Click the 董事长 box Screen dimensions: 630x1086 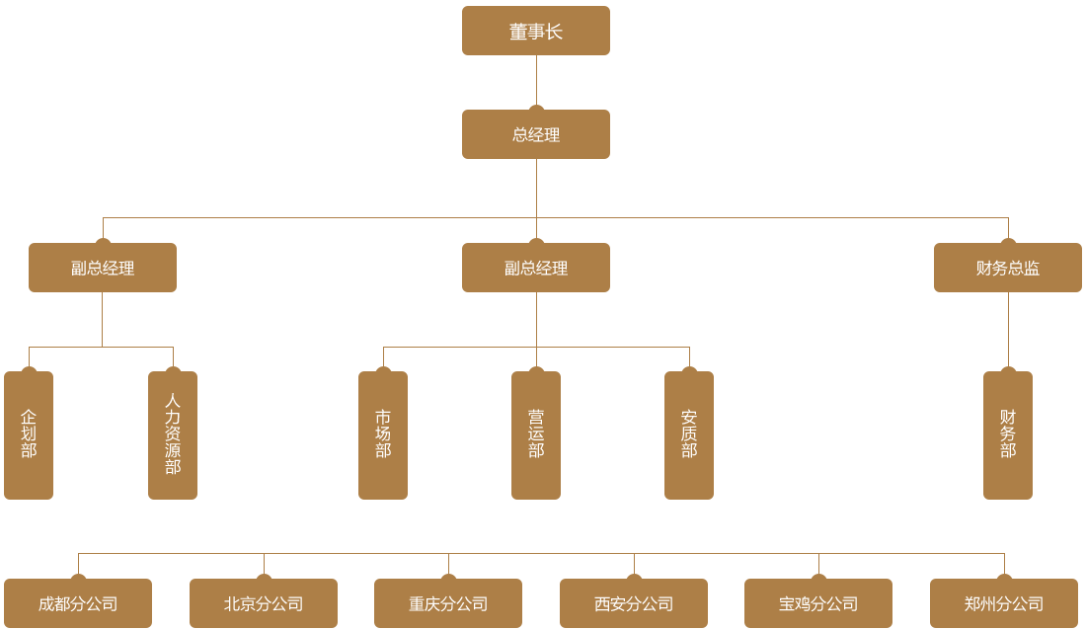click(x=536, y=31)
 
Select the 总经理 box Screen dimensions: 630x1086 click(x=536, y=134)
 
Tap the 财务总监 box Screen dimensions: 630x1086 click(x=1007, y=268)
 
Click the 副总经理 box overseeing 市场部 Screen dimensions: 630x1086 click(x=536, y=268)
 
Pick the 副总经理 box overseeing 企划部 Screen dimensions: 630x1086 click(x=103, y=268)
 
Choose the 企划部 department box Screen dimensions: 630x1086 click(x=29, y=435)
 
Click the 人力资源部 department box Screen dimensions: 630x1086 click(x=173, y=435)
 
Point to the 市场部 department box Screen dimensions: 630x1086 click(x=383, y=435)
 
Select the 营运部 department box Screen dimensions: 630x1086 click(x=536, y=435)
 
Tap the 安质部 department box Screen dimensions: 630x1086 click(x=689, y=435)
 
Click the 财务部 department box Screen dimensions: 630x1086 click(x=1008, y=435)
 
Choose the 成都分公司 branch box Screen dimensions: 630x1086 click(x=78, y=603)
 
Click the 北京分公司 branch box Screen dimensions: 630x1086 click(x=264, y=603)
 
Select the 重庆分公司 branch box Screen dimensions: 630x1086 click(x=448, y=603)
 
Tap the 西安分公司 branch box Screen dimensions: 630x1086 click(x=634, y=603)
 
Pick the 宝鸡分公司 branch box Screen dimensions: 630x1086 click(x=818, y=603)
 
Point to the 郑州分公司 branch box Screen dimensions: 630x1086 click(x=1004, y=603)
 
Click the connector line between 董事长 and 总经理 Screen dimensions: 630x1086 click(x=536, y=70)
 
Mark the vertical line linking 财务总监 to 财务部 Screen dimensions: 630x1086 click(x=1008, y=318)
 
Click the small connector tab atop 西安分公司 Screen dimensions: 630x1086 click(x=634, y=566)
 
